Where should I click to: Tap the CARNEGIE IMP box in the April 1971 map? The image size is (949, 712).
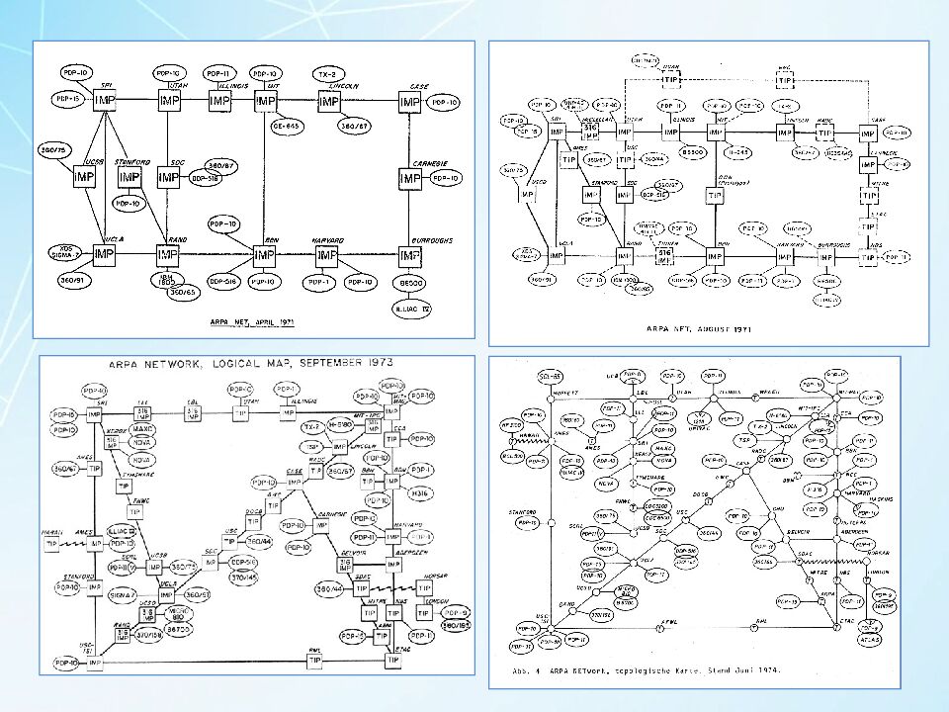[x=411, y=178]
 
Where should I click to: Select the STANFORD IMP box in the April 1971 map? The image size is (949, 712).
[x=129, y=177]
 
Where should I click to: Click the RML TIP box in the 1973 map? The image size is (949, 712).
[x=314, y=660]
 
